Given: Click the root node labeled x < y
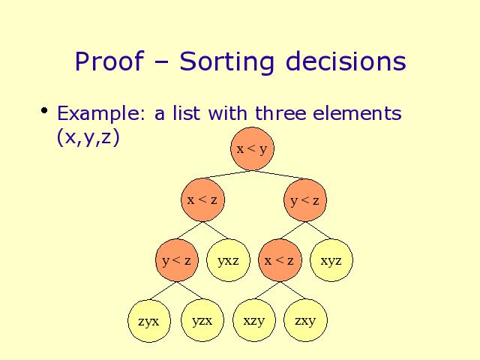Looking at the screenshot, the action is pyautogui.click(x=252, y=148).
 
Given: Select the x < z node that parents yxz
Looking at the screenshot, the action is pyautogui.click(x=202, y=200).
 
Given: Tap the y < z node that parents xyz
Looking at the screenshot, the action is pyautogui.click(x=305, y=200).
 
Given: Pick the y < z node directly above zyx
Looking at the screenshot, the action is pyautogui.click(x=177, y=260).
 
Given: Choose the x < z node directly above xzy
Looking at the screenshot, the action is pyautogui.click(x=280, y=260).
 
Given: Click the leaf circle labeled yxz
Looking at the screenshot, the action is pyautogui.click(x=228, y=260).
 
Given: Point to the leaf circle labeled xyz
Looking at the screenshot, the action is pyautogui.click(x=331, y=260).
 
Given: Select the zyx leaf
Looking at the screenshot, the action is pyautogui.click(x=149, y=321).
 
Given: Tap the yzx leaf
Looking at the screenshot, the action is pyautogui.click(x=202, y=320).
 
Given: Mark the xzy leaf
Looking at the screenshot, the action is pyautogui.click(x=254, y=320).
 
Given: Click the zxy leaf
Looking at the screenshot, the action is pyautogui.click(x=305, y=320).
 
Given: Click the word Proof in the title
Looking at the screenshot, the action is pyautogui.click(x=109, y=61).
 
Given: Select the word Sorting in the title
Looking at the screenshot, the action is pyautogui.click(x=226, y=63).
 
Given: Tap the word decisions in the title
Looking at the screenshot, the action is pyautogui.click(x=346, y=61).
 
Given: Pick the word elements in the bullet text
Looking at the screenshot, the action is pyautogui.click(x=357, y=113).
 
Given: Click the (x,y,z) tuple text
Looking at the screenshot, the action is pyautogui.click(x=88, y=137).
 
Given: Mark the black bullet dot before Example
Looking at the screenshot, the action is pyautogui.click(x=44, y=110).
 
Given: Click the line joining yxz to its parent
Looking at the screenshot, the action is pyautogui.click(x=216, y=230).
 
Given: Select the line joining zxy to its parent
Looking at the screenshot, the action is pyautogui.click(x=292, y=290).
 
